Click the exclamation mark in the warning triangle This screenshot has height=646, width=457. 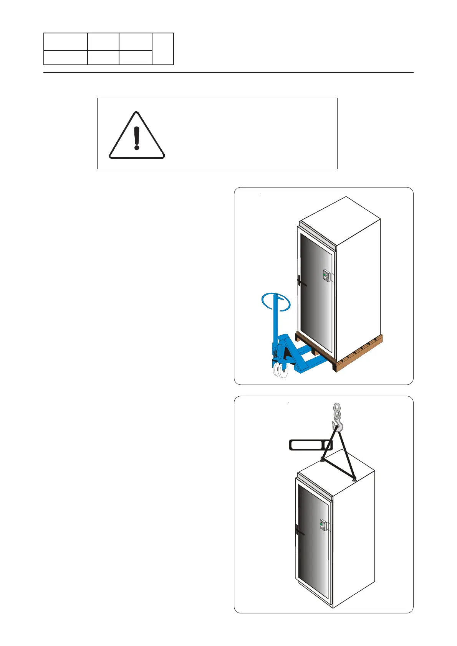[137, 138]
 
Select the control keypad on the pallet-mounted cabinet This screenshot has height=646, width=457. [326, 276]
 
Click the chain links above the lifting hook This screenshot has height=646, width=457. [337, 410]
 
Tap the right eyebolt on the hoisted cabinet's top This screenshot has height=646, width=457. [354, 478]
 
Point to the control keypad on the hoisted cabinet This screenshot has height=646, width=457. [323, 525]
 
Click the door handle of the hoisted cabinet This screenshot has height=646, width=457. [298, 532]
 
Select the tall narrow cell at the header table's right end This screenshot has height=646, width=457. [163, 49]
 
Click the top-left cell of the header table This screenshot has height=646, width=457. [65, 41]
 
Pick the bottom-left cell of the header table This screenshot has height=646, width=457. [65, 57]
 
